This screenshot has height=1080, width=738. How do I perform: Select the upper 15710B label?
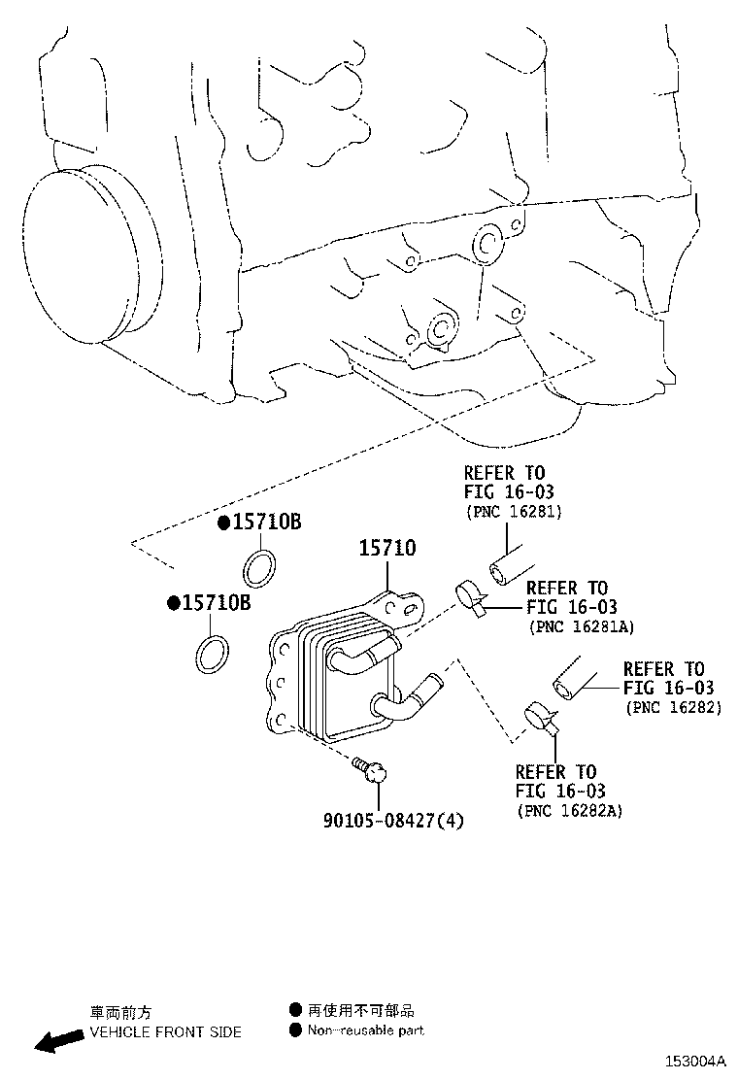pos(266,523)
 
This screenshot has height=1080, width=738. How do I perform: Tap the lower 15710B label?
pos(217,603)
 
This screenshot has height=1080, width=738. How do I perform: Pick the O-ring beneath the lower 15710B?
pos(213,655)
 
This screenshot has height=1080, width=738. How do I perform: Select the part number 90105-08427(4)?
pos(393,821)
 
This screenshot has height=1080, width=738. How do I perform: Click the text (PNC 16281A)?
pos(581,627)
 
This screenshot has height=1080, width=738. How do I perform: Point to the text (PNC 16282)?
pos(674,707)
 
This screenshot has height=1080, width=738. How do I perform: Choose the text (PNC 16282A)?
pos(569,810)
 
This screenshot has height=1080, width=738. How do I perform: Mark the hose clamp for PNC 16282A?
pos(542,717)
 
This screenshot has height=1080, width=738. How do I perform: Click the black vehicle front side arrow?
pos(57,1041)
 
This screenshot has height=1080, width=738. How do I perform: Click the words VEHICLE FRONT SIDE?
pos(165,1031)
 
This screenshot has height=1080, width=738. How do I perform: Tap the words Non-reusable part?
pos(366,1030)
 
